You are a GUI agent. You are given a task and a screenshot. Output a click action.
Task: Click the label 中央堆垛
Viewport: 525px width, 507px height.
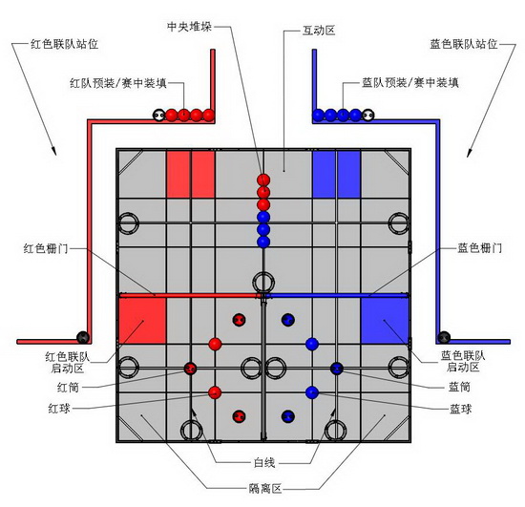tap(190, 27)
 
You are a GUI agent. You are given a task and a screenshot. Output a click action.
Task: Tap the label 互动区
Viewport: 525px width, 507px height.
tap(319, 31)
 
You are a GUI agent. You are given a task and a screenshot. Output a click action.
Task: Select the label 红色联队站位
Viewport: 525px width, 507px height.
tap(64, 44)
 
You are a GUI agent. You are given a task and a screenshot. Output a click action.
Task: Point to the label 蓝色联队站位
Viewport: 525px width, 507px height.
tap(464, 44)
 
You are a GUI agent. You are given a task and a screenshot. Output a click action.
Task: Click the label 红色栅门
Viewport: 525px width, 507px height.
tap(46, 248)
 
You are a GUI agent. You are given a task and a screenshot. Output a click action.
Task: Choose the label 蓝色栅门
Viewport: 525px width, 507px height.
tap(480, 248)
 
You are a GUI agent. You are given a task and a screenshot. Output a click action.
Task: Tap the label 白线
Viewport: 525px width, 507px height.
tap(264, 463)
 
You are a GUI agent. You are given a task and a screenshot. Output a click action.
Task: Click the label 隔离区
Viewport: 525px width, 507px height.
tap(265, 489)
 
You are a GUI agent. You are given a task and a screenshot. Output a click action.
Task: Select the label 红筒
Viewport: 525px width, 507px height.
tap(69, 388)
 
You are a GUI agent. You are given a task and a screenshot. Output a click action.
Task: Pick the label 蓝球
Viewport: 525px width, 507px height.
tap(461, 409)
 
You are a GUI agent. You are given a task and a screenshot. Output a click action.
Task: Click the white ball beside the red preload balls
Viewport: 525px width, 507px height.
tap(158, 116)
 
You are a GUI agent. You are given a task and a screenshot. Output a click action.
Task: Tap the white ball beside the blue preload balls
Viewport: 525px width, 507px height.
tap(367, 116)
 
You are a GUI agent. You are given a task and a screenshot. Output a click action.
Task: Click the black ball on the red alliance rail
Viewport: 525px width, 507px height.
tap(83, 337)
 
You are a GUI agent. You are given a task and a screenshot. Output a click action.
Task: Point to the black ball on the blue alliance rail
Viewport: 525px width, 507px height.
tap(444, 337)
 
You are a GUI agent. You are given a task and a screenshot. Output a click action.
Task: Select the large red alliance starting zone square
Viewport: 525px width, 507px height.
tap(142, 321)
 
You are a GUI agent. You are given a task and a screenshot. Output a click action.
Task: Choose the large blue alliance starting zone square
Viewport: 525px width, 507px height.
tap(385, 321)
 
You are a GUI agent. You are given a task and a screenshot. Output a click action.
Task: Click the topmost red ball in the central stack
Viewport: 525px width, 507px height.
tap(263, 180)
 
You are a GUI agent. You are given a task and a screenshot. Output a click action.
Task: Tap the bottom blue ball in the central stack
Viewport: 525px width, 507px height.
tap(263, 242)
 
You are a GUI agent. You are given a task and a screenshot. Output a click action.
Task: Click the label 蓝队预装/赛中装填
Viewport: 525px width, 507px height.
tap(410, 82)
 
